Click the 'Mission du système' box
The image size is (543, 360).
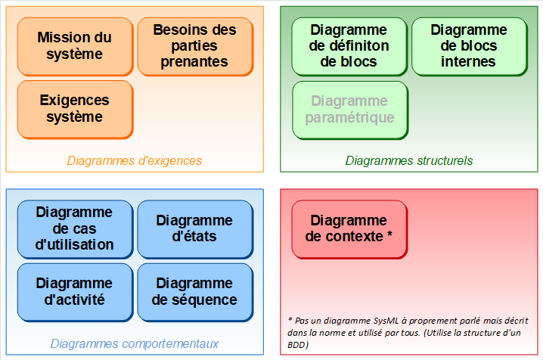coord(75,47)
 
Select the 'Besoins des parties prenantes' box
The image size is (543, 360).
coord(195,47)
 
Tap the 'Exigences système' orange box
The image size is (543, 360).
coord(75,110)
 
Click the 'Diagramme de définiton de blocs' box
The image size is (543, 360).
coord(349,47)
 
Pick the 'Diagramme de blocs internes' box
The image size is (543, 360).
coord(470,47)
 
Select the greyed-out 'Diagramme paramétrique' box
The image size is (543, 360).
coord(350,110)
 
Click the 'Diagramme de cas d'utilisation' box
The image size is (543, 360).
coord(75,229)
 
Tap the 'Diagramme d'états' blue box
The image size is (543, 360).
coord(195,229)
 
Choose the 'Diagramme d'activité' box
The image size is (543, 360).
coord(75,293)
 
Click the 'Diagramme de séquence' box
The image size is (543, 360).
coord(195,293)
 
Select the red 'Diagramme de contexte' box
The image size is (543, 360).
coord(349,229)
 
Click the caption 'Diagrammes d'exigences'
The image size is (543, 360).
coord(135,160)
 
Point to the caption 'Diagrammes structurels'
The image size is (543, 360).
coord(409,160)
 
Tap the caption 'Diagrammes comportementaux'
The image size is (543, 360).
coord(135,343)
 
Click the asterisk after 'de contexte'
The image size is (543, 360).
coord(389,234)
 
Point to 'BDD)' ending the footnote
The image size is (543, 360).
coord(298,345)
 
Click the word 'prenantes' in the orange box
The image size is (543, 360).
coord(194,62)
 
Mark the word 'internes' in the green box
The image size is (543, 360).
coord(468,61)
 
